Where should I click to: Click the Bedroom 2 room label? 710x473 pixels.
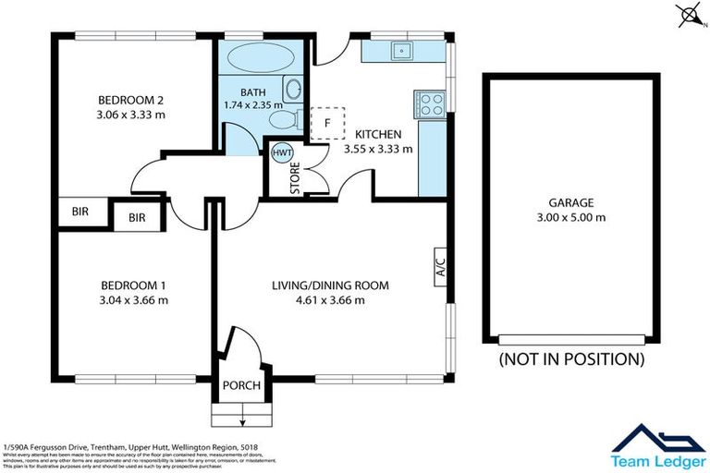point(130,101)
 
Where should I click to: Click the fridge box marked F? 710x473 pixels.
point(326,122)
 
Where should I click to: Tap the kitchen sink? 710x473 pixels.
point(402,51)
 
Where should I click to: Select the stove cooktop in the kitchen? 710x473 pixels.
point(431,103)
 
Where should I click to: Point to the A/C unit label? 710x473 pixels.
point(440,266)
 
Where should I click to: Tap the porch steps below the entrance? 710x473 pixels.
point(241,413)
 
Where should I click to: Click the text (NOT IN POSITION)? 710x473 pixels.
point(570,358)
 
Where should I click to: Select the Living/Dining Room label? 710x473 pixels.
point(330,285)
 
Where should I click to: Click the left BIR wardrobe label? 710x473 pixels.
point(80,211)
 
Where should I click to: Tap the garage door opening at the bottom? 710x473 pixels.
point(570,339)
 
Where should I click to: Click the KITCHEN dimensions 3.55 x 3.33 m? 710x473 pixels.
point(377,148)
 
